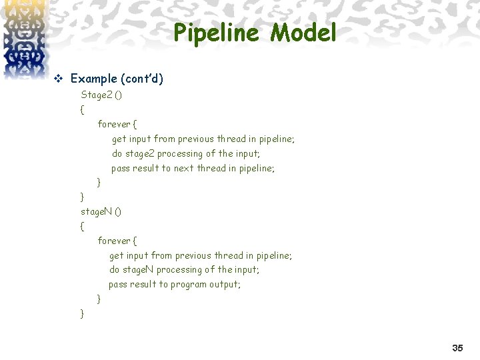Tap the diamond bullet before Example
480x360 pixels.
click(x=57, y=79)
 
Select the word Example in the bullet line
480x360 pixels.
click(x=93, y=79)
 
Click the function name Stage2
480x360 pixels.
click(x=96, y=95)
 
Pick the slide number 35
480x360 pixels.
click(x=457, y=348)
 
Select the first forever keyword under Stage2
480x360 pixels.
click(x=113, y=124)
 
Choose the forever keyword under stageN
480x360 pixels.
click(x=113, y=240)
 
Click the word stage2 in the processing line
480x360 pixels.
click(x=139, y=153)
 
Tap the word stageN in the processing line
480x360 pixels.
click(x=138, y=269)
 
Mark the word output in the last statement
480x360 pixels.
click(x=224, y=284)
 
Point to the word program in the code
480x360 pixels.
click(x=189, y=284)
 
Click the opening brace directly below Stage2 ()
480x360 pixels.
click(x=82, y=109)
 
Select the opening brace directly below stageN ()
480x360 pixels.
click(x=82, y=226)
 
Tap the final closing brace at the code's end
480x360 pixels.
click(x=82, y=313)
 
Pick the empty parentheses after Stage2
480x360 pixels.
click(x=118, y=95)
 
